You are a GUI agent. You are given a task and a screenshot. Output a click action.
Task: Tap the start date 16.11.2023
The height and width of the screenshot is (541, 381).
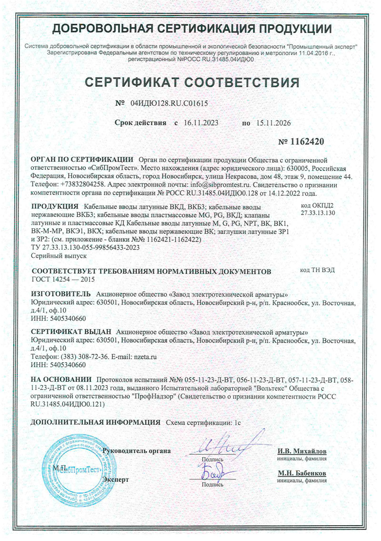click(x=201, y=122)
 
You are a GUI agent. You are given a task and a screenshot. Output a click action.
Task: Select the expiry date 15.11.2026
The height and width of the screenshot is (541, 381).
click(x=274, y=122)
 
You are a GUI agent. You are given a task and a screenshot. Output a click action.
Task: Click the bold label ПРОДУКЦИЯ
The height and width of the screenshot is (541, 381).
click(x=54, y=206)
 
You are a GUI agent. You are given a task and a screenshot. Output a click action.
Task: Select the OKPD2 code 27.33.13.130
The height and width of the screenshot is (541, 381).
click(x=318, y=213)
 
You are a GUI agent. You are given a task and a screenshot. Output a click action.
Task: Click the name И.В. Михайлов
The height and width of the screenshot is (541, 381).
click(x=302, y=451)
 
